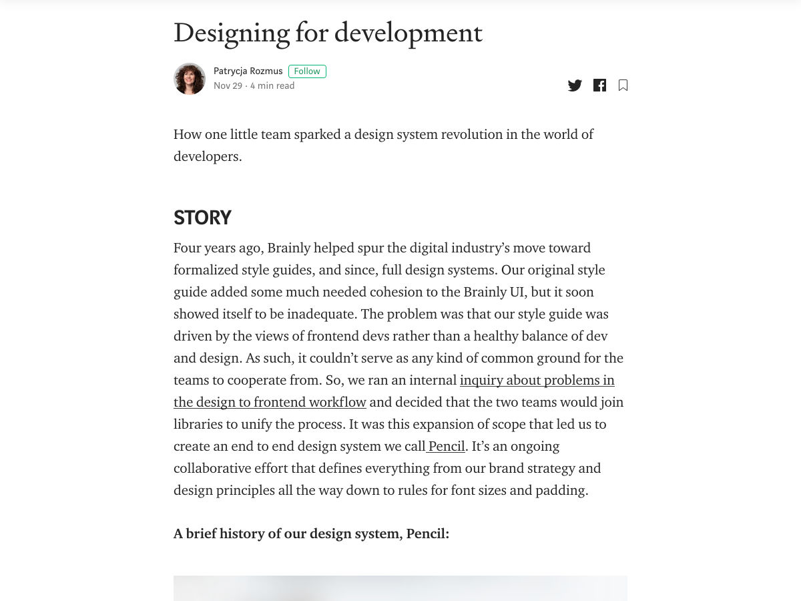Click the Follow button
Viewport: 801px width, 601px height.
[307, 71]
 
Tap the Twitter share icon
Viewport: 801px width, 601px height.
[575, 85]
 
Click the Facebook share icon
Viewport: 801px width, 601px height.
[599, 85]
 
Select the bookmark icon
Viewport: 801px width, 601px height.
[623, 85]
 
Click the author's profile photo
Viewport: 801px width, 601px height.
[190, 79]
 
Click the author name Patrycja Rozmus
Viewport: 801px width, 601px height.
[248, 71]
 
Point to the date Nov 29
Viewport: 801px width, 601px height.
[228, 86]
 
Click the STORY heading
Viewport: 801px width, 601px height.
[202, 218]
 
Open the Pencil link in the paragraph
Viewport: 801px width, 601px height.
[446, 446]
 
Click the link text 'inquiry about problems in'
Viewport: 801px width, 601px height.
[537, 380]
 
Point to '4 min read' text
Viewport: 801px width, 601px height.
[272, 86]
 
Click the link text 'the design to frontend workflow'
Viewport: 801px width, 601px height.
[270, 402]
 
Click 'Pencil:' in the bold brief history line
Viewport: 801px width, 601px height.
[427, 534]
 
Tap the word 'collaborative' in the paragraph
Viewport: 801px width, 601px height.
[216, 468]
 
